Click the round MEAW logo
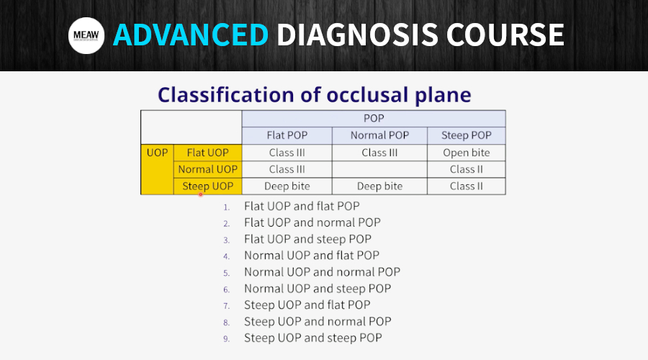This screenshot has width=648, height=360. click(86, 35)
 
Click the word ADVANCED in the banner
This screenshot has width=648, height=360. click(191, 35)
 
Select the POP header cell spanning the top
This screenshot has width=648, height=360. click(374, 119)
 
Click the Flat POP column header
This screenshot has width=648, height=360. click(287, 135)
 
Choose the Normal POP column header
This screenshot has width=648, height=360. click(379, 135)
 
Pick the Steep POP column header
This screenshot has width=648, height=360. click(466, 135)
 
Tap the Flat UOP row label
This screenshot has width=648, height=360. click(207, 153)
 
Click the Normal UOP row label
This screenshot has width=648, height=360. click(207, 169)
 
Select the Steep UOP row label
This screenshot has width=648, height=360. click(207, 186)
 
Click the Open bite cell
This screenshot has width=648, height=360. click(466, 153)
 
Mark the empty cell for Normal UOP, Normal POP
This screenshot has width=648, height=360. click(379, 169)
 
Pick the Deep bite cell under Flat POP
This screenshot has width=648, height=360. click(287, 186)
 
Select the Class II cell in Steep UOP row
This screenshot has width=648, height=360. click(466, 186)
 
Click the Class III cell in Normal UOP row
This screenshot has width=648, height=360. click(287, 169)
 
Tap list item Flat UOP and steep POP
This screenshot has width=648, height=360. click(307, 239)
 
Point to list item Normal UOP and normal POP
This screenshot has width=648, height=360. click(322, 272)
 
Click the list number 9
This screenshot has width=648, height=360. click(226, 339)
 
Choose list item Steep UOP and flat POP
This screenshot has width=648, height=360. click(307, 305)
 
